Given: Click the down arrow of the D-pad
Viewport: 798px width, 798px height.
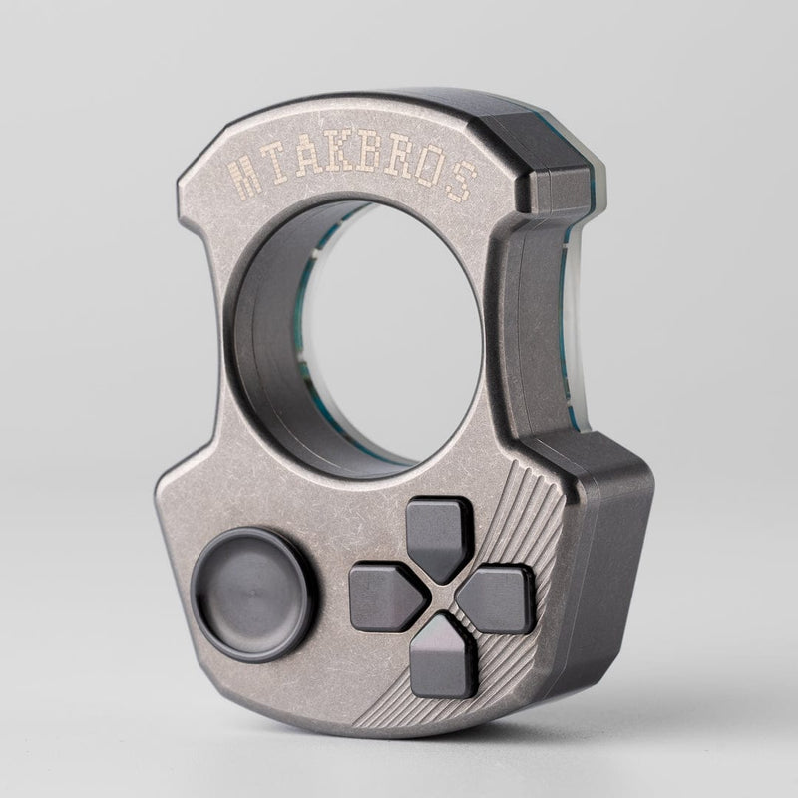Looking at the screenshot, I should [443, 652].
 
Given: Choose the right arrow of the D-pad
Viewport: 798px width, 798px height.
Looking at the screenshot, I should [496, 598].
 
